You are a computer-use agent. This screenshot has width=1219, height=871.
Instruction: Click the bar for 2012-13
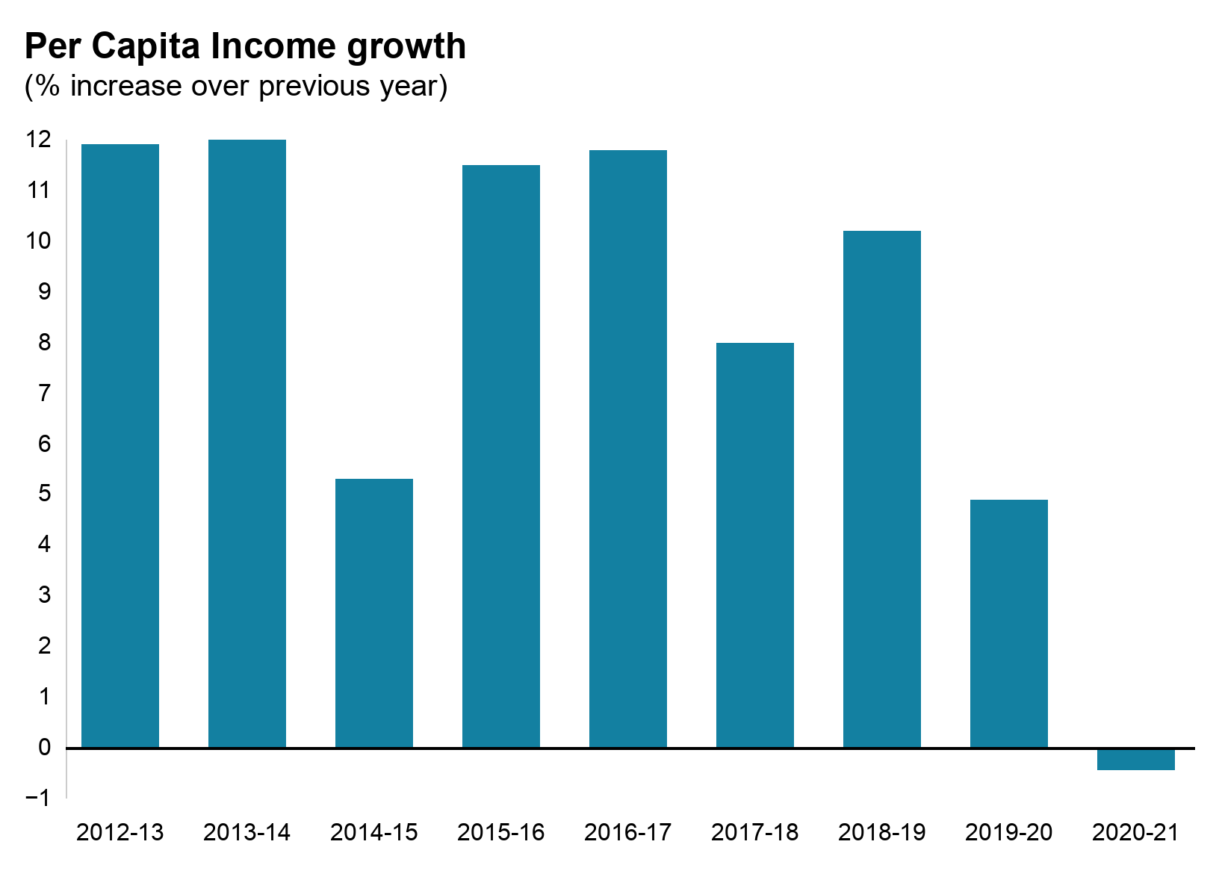click(x=120, y=446)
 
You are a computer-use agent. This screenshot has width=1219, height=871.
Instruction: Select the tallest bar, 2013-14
click(x=247, y=444)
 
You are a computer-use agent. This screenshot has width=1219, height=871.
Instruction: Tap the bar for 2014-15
click(x=374, y=613)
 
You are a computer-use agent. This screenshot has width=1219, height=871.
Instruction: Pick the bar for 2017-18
click(x=755, y=545)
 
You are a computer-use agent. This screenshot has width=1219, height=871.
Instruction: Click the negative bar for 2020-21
click(x=1136, y=759)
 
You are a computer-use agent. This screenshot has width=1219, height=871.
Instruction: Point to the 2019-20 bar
click(x=1009, y=624)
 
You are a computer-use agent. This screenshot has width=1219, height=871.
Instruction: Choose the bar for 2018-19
click(x=882, y=489)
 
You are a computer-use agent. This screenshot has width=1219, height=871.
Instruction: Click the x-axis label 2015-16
click(x=501, y=832)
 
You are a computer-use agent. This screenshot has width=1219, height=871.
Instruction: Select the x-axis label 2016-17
click(x=628, y=832)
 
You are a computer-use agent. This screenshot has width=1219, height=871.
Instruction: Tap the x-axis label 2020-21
click(x=1135, y=832)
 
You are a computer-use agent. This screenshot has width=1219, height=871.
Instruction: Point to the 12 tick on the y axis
click(x=39, y=140)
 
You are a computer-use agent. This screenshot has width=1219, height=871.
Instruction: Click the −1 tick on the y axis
click(x=37, y=798)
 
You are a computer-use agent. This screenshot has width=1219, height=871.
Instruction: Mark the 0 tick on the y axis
click(x=44, y=747)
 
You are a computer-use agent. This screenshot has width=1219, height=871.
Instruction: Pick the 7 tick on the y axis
click(x=44, y=393)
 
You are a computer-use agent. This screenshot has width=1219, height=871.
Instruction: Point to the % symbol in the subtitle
click(x=46, y=86)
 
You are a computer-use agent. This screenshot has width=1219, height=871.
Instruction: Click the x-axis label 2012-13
click(x=120, y=832)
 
